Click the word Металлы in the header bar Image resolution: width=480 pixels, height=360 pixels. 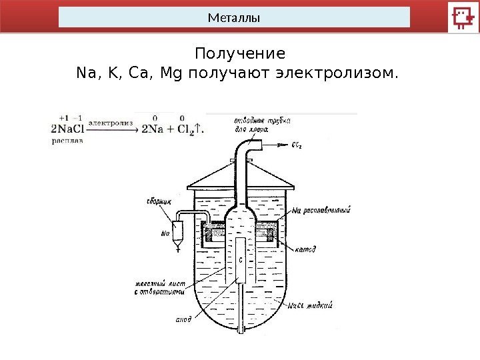233,17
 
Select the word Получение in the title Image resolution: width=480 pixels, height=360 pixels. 239,53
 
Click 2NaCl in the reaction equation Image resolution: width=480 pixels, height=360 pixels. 67,129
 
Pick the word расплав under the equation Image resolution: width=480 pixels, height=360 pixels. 67,142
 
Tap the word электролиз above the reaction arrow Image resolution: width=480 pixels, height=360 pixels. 110,123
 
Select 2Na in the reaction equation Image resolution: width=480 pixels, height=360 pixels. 155,129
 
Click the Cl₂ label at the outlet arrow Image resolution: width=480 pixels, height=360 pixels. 297,145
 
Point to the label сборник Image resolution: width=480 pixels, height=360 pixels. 161,199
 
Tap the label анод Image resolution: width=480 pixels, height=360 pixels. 183,319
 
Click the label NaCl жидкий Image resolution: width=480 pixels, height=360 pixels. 310,306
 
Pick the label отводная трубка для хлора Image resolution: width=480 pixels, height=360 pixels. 261,125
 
